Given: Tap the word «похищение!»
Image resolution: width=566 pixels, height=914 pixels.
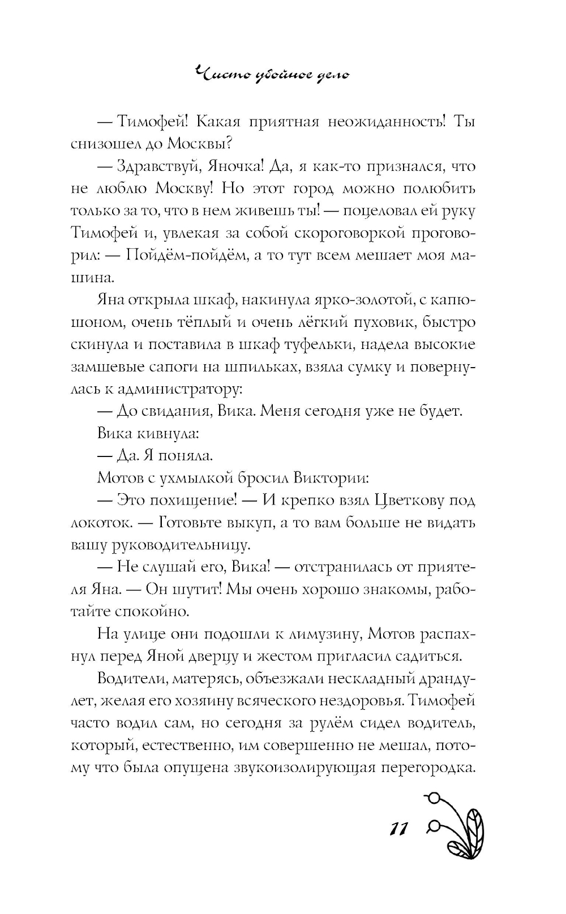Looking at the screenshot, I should pyautogui.click(x=195, y=501).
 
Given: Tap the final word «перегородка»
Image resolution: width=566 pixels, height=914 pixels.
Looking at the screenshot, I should pyautogui.click(x=428, y=768).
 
